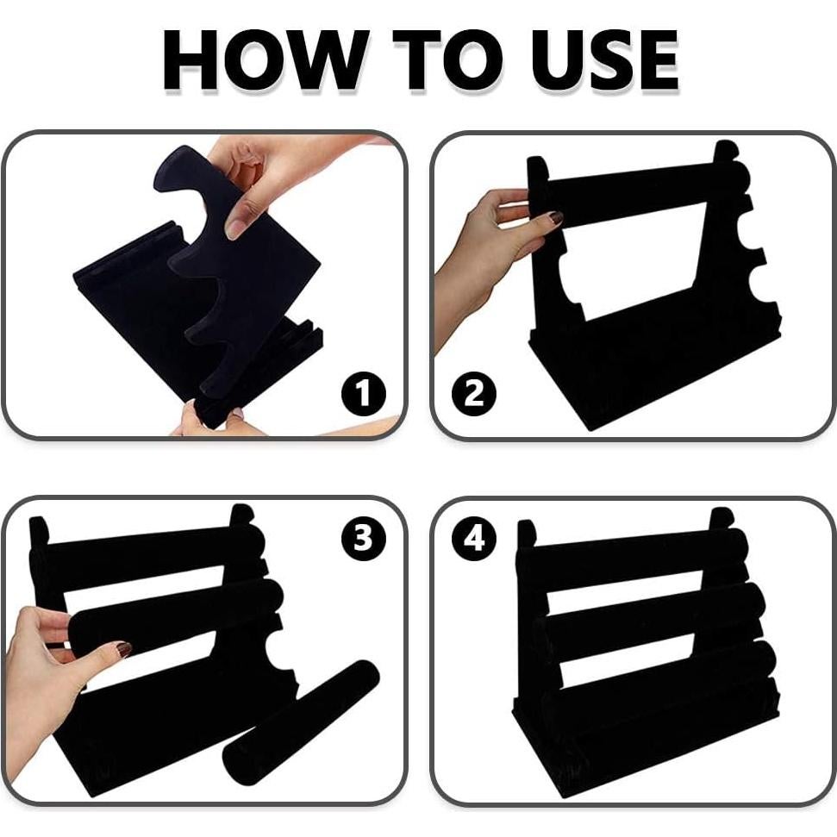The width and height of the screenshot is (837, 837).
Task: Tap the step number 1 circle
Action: pyautogui.click(x=364, y=394)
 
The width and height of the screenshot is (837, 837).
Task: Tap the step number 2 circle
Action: pyautogui.click(x=474, y=394)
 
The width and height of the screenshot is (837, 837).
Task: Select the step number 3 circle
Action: pyautogui.click(x=364, y=538)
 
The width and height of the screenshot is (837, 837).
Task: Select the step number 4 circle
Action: pyautogui.click(x=474, y=538)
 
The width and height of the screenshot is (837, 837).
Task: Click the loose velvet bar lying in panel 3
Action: pyautogui.click(x=301, y=722)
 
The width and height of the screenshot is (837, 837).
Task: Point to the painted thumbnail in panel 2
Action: pyautogui.click(x=556, y=218)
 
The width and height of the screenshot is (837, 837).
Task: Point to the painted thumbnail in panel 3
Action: pyautogui.click(x=124, y=649)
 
